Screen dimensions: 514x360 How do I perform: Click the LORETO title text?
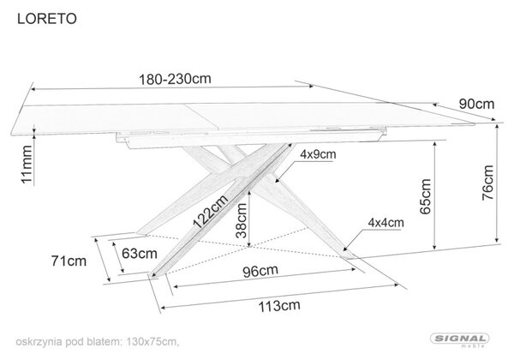click(47, 19)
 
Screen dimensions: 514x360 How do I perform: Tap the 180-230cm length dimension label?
click(175, 79)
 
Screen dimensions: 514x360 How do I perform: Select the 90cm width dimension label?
click(476, 104)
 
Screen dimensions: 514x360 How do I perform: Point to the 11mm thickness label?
click(27, 165)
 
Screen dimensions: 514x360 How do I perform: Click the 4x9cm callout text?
click(318, 154)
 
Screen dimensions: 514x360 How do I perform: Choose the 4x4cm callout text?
click(385, 223)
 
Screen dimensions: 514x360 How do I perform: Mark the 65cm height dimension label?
click(425, 196)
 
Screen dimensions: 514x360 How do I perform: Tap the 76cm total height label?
click(487, 183)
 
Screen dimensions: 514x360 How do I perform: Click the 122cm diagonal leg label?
click(211, 212)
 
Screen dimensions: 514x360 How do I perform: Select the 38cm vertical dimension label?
click(242, 220)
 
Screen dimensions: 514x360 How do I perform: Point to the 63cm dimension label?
click(140, 254)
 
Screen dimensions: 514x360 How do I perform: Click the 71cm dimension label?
click(69, 261)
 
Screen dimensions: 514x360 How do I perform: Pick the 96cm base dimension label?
click(260, 271)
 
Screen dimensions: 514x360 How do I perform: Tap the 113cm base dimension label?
click(279, 306)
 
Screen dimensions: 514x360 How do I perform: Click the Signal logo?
click(459, 339)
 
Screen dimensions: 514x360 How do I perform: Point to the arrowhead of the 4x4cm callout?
click(345, 249)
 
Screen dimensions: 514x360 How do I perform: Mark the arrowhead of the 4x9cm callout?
click(278, 180)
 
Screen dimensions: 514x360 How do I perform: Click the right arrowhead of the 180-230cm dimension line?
click(312, 87)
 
